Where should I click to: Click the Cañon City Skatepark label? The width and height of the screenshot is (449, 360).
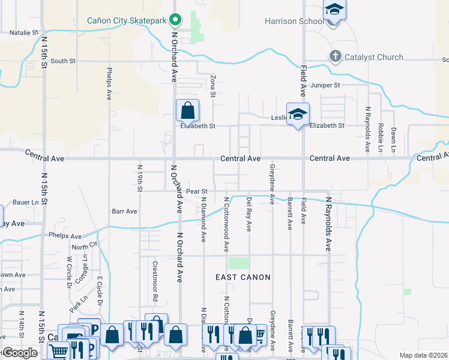pos(126,20)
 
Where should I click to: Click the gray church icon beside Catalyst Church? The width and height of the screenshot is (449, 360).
pos(336,57)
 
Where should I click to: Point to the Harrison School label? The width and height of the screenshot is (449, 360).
pos(289,21)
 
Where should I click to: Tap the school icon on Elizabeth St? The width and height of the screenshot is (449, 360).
pos(298,115)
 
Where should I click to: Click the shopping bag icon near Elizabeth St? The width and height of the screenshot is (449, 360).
pos(187,110)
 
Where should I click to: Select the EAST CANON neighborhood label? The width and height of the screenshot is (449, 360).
pos(243,277)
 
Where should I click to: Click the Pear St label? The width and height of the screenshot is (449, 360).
pos(196,191)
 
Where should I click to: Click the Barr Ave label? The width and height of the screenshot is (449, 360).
pos(124,211)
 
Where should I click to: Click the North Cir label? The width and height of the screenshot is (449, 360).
pos(84,247)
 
